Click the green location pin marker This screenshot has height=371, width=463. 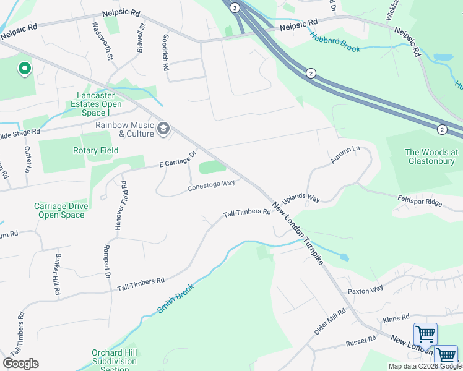pos(24,68)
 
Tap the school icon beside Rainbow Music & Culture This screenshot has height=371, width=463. pos(163,128)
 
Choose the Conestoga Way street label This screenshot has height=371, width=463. pos(211,184)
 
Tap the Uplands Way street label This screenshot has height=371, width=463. pos(301,199)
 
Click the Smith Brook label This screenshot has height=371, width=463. pos(175,297)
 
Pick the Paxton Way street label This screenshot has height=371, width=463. pos(365,290)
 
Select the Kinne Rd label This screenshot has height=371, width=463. pos(396,318)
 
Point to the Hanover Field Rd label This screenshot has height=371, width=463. pos(124,206)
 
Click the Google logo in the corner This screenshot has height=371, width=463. pos(21,364)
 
